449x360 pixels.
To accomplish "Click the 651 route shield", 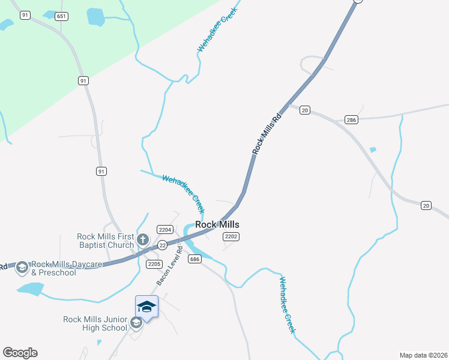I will tap(61, 16).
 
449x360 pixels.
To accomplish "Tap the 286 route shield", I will tap(352, 120).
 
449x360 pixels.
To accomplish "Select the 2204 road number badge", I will tap(165, 229).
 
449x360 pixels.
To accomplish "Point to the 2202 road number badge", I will tap(231, 237).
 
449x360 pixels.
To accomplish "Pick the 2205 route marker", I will tap(154, 264).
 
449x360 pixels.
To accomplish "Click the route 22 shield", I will tap(162, 245).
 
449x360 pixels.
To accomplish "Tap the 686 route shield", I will tap(194, 259).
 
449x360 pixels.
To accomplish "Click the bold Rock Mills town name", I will tap(217, 224).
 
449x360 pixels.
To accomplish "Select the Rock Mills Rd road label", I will tap(267, 130).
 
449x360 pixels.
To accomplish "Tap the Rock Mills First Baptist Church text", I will tap(106, 241).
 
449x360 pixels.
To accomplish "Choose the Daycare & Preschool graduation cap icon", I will tap(22, 267).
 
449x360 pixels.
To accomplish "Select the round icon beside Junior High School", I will tap(136, 323).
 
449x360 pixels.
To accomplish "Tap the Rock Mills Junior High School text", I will tap(95, 323).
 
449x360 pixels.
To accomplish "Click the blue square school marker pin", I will tap(146, 307).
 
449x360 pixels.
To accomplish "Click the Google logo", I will tap(20, 353).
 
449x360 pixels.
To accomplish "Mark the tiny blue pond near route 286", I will tap(373, 149).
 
